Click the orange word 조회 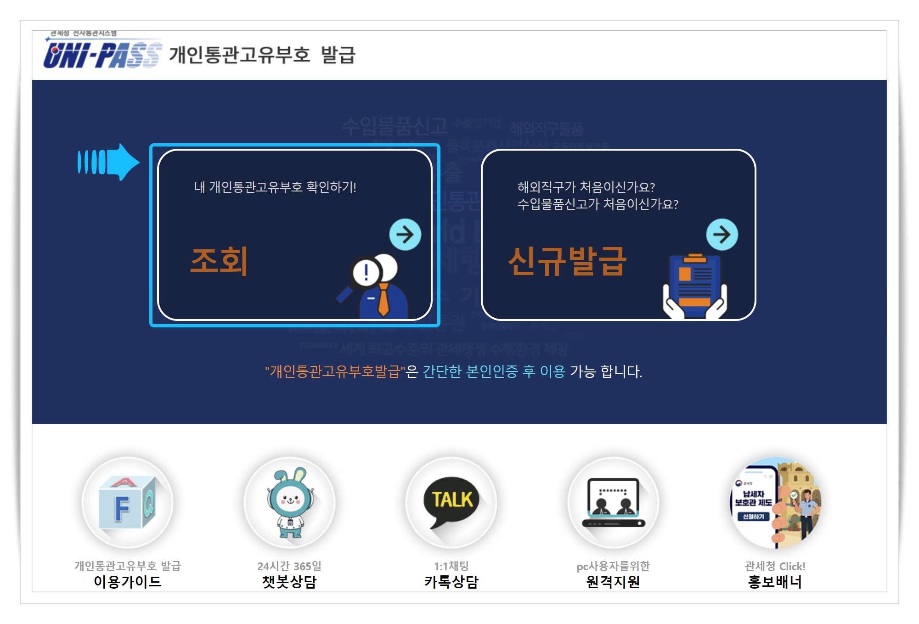(219, 261)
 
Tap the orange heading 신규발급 (567, 261)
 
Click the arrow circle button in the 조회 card (405, 235)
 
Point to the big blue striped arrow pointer (108, 162)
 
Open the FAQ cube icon (128, 503)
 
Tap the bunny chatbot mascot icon (290, 503)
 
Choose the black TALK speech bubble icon (452, 503)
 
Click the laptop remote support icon (614, 503)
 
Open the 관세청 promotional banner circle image (775, 503)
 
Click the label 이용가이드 (128, 582)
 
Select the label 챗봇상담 (289, 582)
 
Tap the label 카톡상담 (451, 582)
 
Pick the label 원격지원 (613, 582)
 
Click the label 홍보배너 (775, 582)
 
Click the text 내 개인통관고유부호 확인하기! (275, 187)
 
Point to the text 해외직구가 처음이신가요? (586, 187)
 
